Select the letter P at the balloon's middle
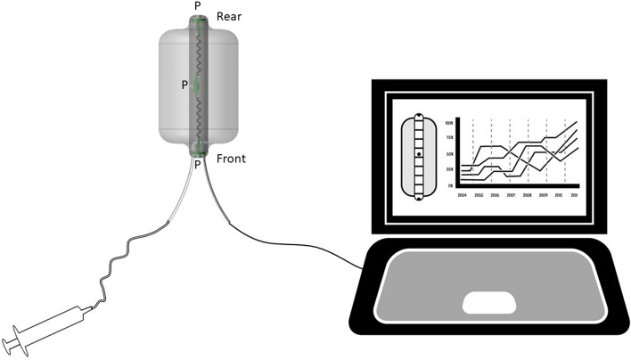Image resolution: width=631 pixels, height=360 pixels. pos(184,86)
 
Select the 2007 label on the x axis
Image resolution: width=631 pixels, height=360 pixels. pos(511,192)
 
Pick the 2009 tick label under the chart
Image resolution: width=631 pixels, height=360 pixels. pos(543,192)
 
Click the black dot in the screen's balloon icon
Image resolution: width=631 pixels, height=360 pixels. pos(419,155)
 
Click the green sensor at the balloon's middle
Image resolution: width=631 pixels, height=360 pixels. pos(193,86)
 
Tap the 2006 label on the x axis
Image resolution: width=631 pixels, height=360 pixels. pos(495,192)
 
